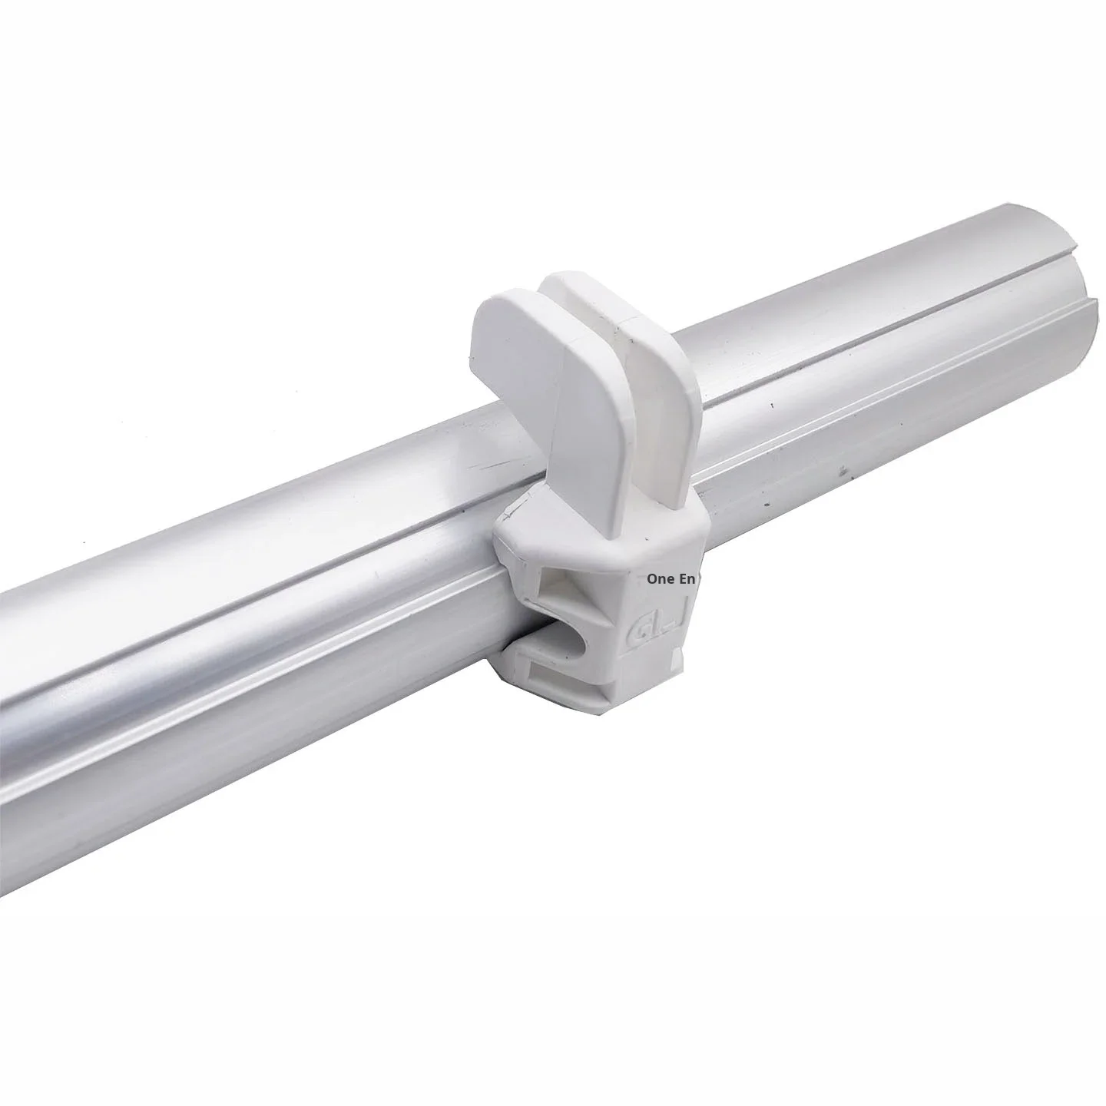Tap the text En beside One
pos(687,579)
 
